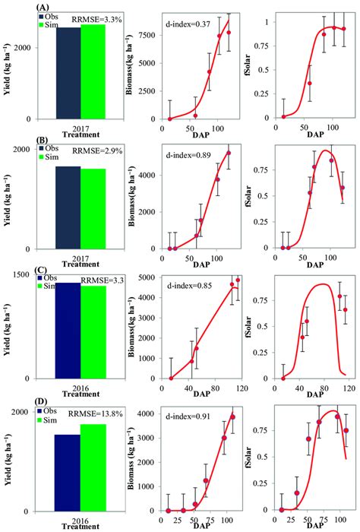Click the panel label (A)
(x=45, y=5)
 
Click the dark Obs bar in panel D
(x=67, y=472)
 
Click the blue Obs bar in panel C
(x=67, y=331)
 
